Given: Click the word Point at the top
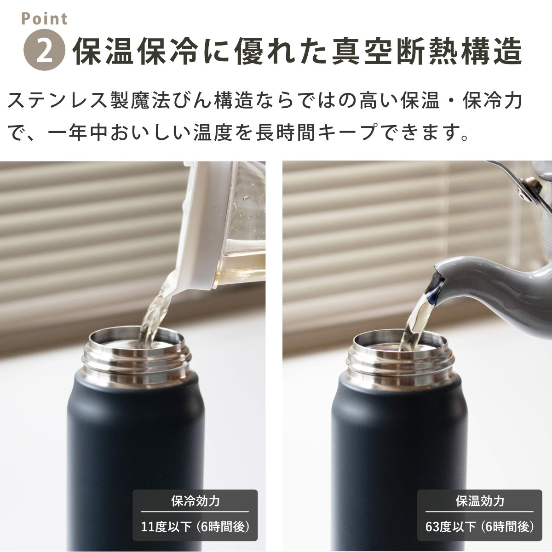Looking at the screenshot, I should tap(45, 18).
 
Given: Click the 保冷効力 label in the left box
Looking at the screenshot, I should tap(195, 500).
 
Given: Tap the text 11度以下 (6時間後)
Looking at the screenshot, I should tap(195, 526).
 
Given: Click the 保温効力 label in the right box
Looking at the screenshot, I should tap(480, 500).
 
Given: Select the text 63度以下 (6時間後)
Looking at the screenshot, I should tap(480, 526).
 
